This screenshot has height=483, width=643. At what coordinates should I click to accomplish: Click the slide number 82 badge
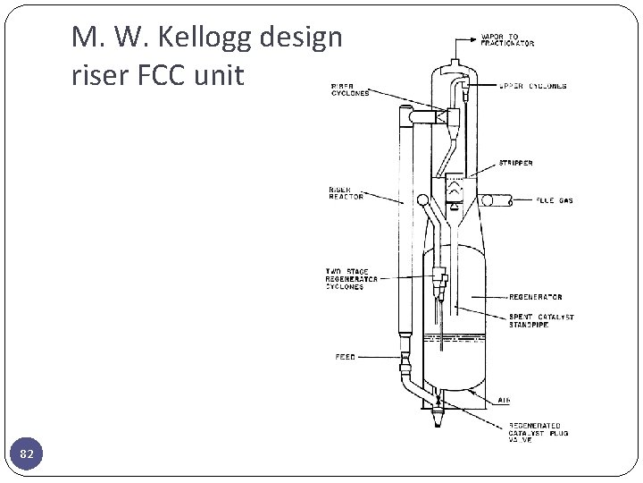click(27, 455)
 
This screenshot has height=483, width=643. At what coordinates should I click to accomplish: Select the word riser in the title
click(99, 76)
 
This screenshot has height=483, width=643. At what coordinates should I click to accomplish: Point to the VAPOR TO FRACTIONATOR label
click(507, 39)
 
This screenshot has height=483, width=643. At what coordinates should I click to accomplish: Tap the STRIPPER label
click(516, 164)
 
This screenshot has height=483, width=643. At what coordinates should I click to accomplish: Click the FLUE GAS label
click(555, 200)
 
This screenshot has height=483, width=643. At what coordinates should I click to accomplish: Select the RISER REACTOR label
click(346, 193)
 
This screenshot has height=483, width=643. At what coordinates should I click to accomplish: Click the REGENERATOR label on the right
click(536, 296)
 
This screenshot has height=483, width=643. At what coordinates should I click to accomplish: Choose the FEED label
click(345, 357)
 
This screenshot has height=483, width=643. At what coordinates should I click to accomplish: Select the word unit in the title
click(221, 76)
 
